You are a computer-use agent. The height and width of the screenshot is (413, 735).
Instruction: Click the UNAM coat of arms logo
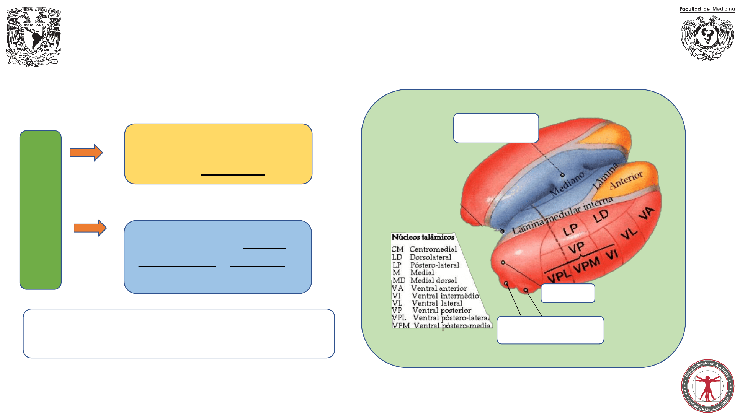[34, 37]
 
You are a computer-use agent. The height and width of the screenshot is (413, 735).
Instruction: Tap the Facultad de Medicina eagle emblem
[707, 38]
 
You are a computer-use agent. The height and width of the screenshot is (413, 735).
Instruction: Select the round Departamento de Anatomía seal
[707, 386]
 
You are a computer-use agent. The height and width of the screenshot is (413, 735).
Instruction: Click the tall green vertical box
[41, 210]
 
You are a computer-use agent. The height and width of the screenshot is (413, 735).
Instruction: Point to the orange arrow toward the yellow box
[86, 153]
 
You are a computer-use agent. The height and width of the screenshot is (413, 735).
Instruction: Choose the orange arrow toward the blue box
[90, 228]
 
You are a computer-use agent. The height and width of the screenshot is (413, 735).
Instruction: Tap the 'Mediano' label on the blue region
[567, 184]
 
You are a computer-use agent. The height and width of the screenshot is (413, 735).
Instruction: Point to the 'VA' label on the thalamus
[647, 213]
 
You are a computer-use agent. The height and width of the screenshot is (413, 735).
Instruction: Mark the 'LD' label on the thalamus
[601, 216]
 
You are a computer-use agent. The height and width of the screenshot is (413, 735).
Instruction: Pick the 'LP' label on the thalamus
[570, 230]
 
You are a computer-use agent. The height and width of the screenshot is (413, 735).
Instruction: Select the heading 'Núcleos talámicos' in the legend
[423, 237]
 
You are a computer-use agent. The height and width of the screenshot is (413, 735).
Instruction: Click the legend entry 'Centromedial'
[433, 249]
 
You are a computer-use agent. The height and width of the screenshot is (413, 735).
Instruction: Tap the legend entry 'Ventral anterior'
[439, 288]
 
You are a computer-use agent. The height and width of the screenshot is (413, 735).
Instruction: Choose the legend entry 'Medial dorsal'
[433, 280]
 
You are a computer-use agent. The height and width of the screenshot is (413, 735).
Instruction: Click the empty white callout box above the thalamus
[496, 128]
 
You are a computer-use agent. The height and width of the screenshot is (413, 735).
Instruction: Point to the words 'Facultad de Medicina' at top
[707, 9]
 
